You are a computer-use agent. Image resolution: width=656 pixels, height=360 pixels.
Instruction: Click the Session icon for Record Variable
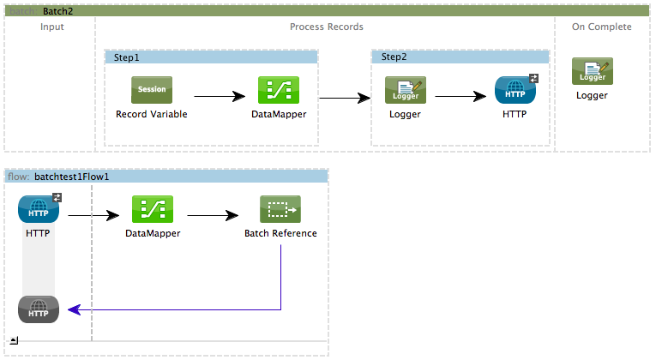[x=152, y=90]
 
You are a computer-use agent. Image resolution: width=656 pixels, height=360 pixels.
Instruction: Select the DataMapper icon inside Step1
[x=279, y=90]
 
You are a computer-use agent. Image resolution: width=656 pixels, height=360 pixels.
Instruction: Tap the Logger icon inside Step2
[x=405, y=90]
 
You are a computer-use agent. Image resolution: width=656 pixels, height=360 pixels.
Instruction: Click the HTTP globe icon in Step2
[x=515, y=90]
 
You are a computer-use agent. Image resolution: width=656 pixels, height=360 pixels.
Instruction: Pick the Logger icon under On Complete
[x=592, y=72]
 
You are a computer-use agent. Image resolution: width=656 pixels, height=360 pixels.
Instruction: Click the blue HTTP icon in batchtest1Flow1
[x=39, y=209]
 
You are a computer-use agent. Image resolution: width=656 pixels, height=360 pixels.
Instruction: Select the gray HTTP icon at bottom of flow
[x=39, y=309]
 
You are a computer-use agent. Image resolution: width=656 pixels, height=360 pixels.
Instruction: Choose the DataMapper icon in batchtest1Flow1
[x=153, y=209]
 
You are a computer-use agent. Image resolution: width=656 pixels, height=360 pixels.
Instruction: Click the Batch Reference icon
[x=280, y=209]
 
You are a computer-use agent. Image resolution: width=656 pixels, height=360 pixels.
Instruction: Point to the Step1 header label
[x=126, y=57]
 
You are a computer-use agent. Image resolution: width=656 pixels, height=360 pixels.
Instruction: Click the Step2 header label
[x=394, y=57]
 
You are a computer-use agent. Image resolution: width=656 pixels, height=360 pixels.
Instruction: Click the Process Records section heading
[x=327, y=27]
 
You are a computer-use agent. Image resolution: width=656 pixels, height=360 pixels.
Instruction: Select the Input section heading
[x=52, y=27]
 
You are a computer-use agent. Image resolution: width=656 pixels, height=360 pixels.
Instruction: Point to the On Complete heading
[x=602, y=27]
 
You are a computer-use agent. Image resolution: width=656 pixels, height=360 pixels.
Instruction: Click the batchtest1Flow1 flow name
[x=72, y=177]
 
